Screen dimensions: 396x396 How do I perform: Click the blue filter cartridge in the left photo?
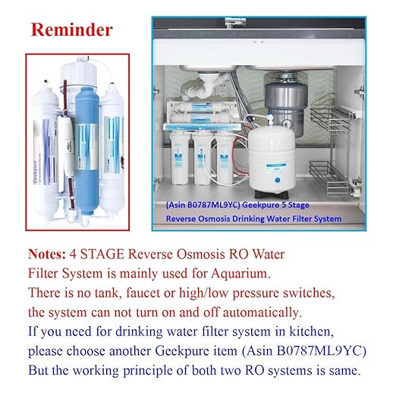coord(86,137)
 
